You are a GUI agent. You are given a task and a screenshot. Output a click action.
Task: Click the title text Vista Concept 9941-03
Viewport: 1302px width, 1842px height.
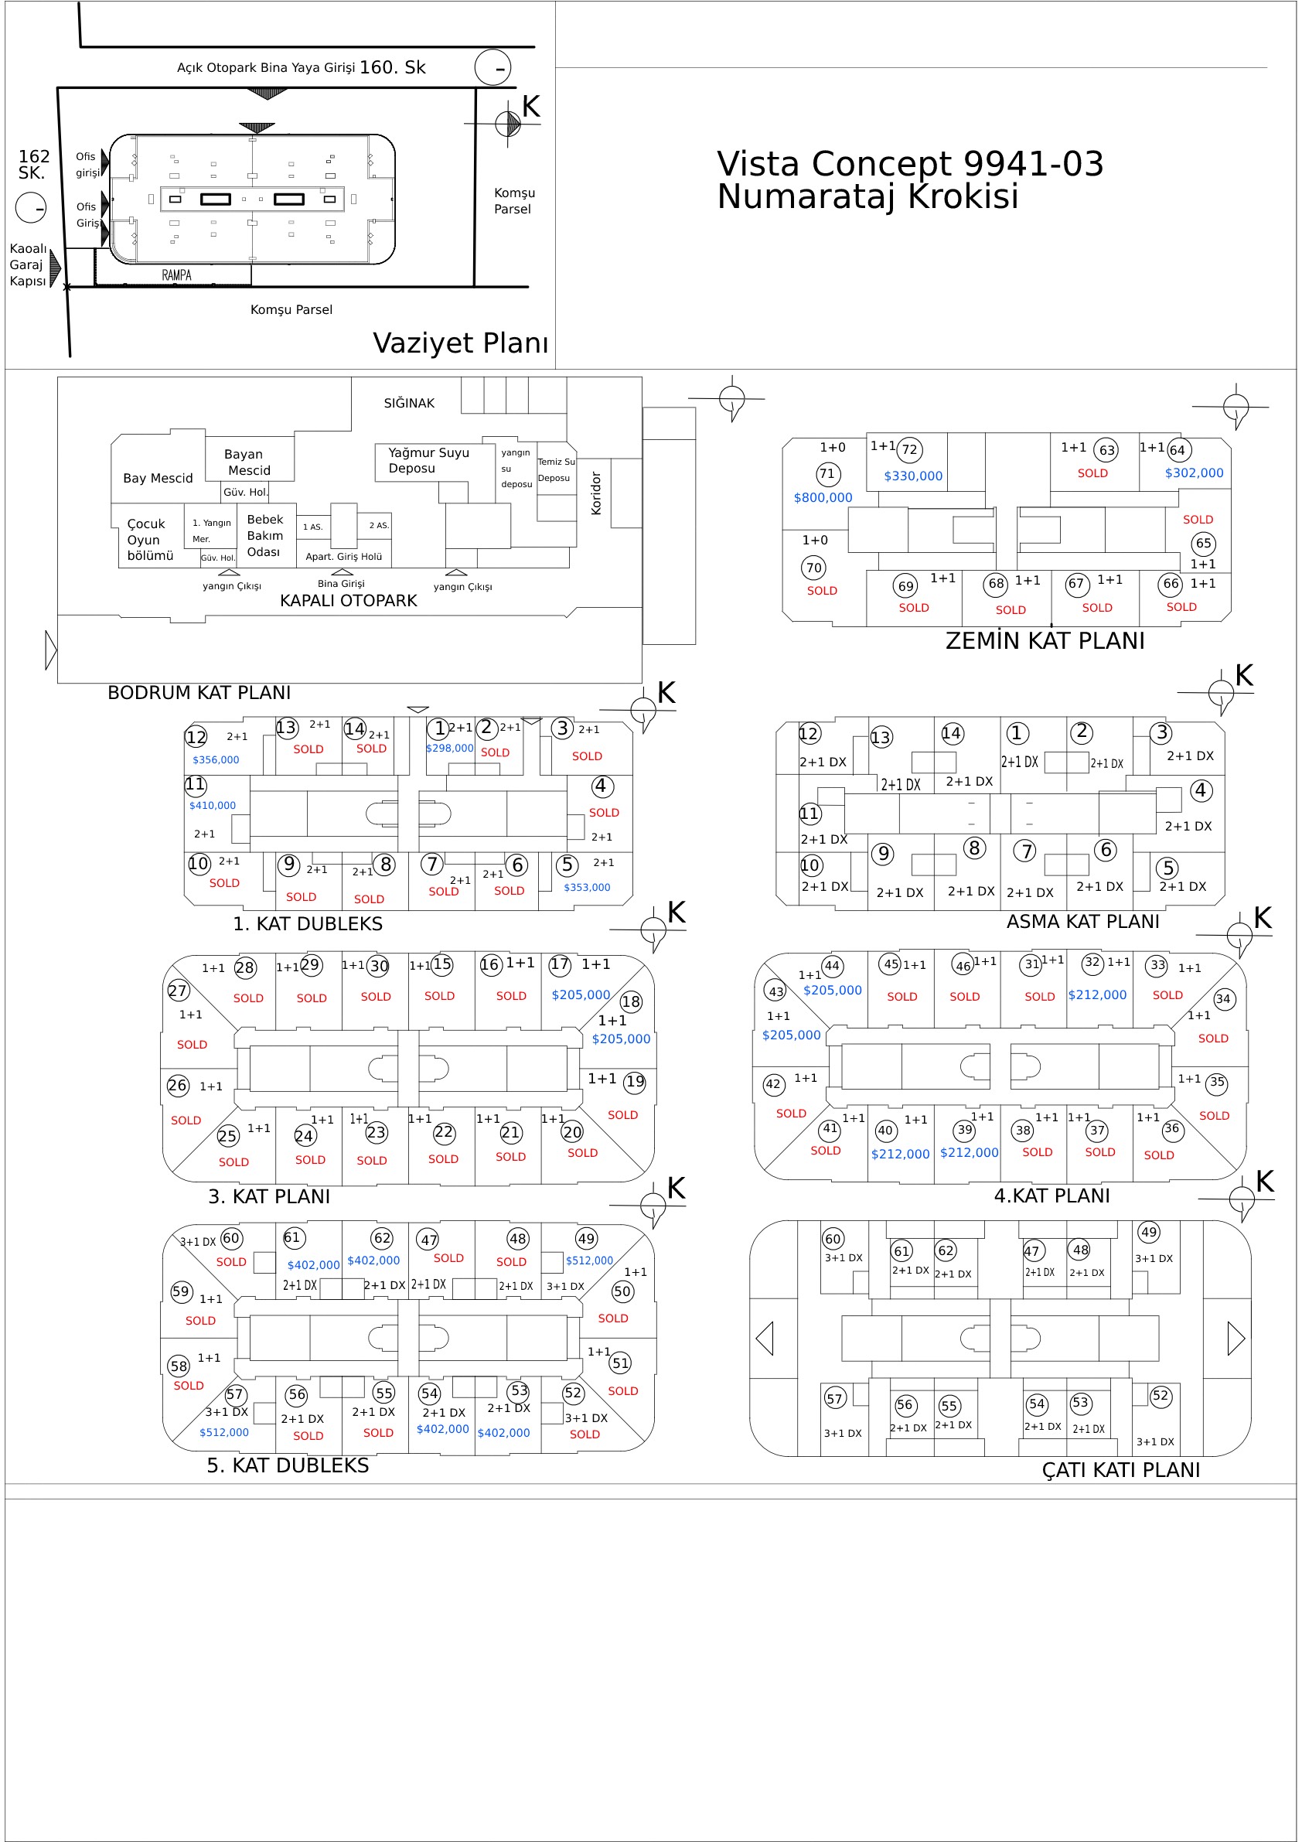click(x=910, y=164)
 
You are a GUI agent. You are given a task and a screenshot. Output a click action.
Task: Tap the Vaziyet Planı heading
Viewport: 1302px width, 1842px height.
click(x=461, y=343)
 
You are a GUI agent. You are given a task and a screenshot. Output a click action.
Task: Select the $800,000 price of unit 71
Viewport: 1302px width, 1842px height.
click(x=823, y=497)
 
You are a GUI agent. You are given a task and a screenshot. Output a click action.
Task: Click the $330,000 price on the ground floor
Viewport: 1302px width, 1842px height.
click(x=913, y=476)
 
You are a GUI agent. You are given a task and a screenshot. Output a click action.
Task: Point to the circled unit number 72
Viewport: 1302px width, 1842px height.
click(x=909, y=450)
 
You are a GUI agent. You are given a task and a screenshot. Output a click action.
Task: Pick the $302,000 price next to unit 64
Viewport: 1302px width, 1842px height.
click(x=1194, y=473)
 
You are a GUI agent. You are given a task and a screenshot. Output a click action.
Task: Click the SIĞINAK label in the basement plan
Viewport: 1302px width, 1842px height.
click(x=408, y=403)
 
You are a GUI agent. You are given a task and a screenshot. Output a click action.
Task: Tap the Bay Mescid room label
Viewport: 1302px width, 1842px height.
click(x=158, y=478)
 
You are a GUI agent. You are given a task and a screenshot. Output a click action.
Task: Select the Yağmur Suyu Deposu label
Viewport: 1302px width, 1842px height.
click(x=428, y=461)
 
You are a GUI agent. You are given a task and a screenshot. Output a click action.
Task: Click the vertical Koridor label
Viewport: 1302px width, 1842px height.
click(x=596, y=493)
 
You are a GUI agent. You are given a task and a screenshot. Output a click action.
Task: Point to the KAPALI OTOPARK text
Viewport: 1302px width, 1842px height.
click(x=348, y=601)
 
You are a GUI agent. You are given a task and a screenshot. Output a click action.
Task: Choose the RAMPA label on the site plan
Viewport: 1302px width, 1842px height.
click(x=176, y=275)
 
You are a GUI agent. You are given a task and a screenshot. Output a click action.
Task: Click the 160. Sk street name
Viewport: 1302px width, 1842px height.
click(x=392, y=67)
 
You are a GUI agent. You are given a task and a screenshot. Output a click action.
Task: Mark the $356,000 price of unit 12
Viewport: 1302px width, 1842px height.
click(x=216, y=759)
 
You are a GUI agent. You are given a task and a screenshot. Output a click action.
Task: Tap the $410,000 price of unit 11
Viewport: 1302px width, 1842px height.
click(x=213, y=806)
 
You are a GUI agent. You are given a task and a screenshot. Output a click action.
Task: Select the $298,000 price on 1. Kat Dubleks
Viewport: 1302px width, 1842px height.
click(x=449, y=749)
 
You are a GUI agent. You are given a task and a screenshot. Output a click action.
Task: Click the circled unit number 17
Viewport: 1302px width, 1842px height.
click(x=559, y=964)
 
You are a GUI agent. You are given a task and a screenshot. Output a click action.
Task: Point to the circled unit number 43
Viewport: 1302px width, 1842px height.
click(x=775, y=991)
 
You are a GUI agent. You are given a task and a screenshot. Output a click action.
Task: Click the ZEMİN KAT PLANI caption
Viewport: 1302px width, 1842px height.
click(x=1045, y=641)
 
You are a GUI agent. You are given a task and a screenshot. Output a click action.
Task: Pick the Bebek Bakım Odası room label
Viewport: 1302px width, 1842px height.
click(x=264, y=536)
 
